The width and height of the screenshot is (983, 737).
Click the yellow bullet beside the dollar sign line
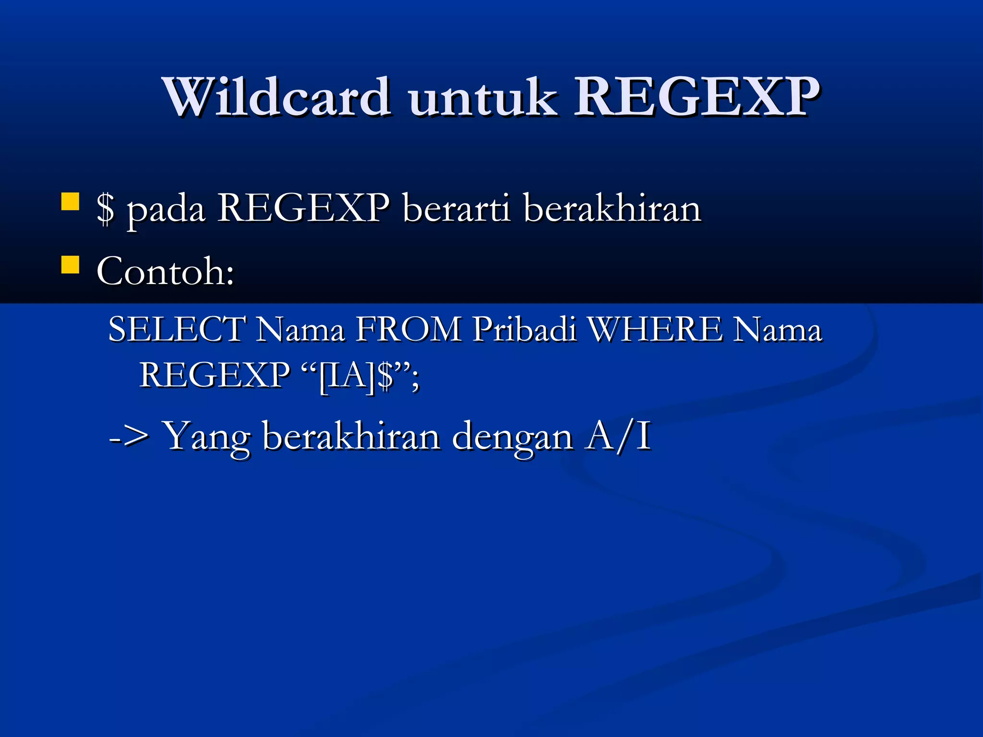(x=70, y=202)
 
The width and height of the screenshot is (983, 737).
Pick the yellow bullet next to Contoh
(x=70, y=264)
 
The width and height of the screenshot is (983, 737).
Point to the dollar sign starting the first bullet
(x=106, y=209)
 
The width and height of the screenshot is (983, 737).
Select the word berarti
(x=456, y=209)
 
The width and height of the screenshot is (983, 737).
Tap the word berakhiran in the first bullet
(x=612, y=209)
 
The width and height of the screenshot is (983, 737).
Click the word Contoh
(x=165, y=272)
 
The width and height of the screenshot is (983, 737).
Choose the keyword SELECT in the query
(x=177, y=330)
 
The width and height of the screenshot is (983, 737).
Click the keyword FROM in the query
(x=408, y=330)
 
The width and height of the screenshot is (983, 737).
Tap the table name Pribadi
(x=524, y=330)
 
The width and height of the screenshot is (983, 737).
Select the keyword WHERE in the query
(x=656, y=330)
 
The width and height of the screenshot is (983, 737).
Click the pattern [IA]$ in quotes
(x=356, y=376)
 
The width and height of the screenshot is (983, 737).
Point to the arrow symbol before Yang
(x=129, y=437)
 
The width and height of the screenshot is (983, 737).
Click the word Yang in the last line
(x=207, y=437)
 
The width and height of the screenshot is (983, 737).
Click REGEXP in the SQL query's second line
(x=215, y=375)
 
